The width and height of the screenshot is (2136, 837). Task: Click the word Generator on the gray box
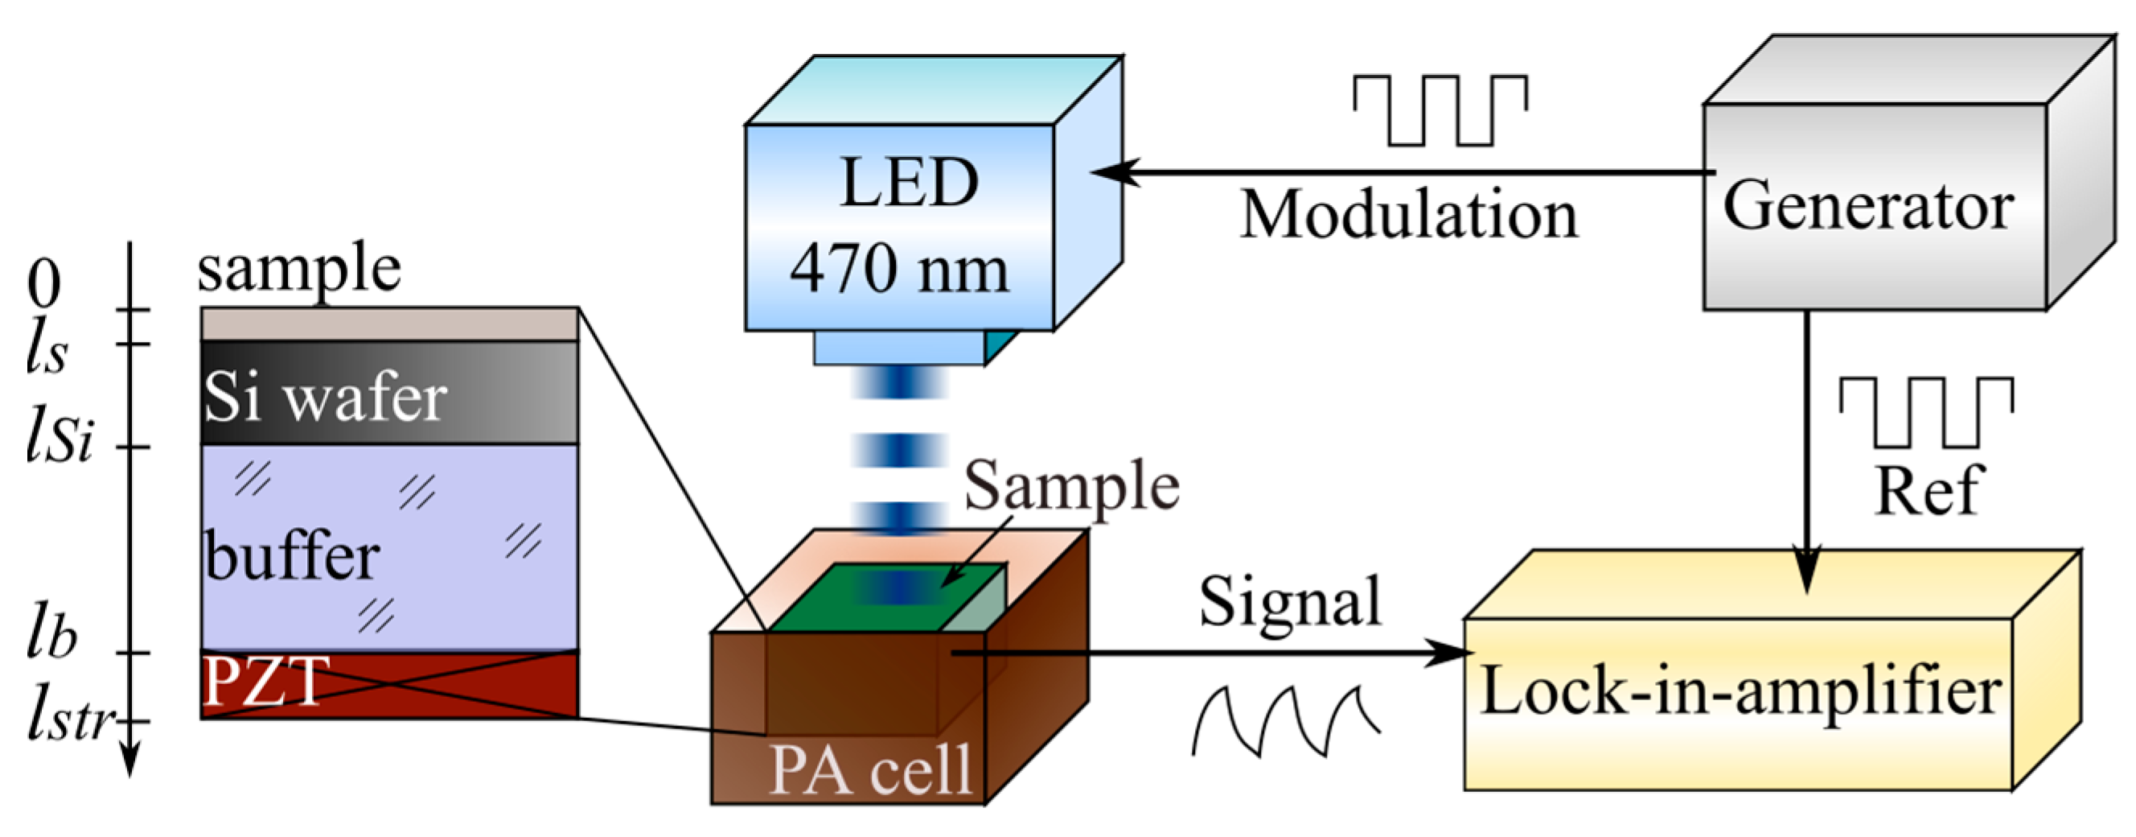tap(1867, 206)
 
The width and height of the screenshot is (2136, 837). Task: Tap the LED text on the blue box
tap(909, 183)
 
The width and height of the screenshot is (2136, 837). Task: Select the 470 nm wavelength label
tap(899, 269)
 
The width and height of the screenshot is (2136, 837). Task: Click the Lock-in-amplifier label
tap(1740, 691)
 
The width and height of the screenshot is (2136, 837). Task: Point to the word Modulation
tap(1408, 215)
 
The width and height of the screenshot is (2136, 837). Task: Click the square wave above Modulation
tap(1440, 110)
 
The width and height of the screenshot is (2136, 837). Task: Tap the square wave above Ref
tap(1925, 411)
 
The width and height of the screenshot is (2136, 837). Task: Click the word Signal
tap(1290, 601)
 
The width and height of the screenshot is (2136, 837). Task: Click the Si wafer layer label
tap(325, 398)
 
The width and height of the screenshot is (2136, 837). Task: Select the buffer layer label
tap(292, 557)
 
